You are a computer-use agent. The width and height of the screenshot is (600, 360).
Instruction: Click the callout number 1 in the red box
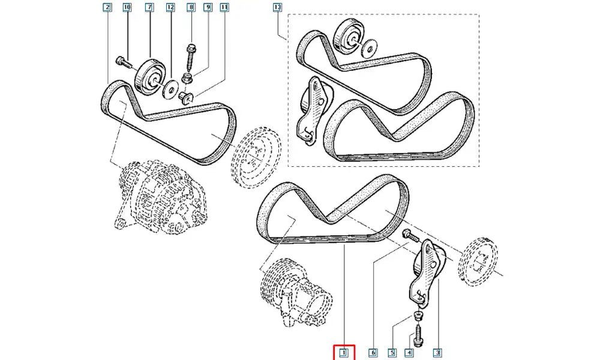(344, 353)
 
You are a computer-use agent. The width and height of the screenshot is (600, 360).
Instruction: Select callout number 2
(107, 7)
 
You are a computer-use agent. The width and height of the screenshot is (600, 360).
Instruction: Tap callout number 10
(127, 7)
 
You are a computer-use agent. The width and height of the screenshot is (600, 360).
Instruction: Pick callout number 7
(149, 7)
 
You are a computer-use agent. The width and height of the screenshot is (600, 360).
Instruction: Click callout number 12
(170, 7)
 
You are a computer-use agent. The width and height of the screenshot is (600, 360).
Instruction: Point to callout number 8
(191, 7)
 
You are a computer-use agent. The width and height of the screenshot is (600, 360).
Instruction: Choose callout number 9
(208, 7)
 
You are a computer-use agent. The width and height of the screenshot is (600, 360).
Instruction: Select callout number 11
(224, 7)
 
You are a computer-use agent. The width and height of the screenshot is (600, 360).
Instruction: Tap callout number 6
(373, 353)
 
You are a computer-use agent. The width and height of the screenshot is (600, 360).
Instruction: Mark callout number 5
(392, 353)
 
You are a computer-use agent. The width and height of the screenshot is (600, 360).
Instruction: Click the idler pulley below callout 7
(149, 76)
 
